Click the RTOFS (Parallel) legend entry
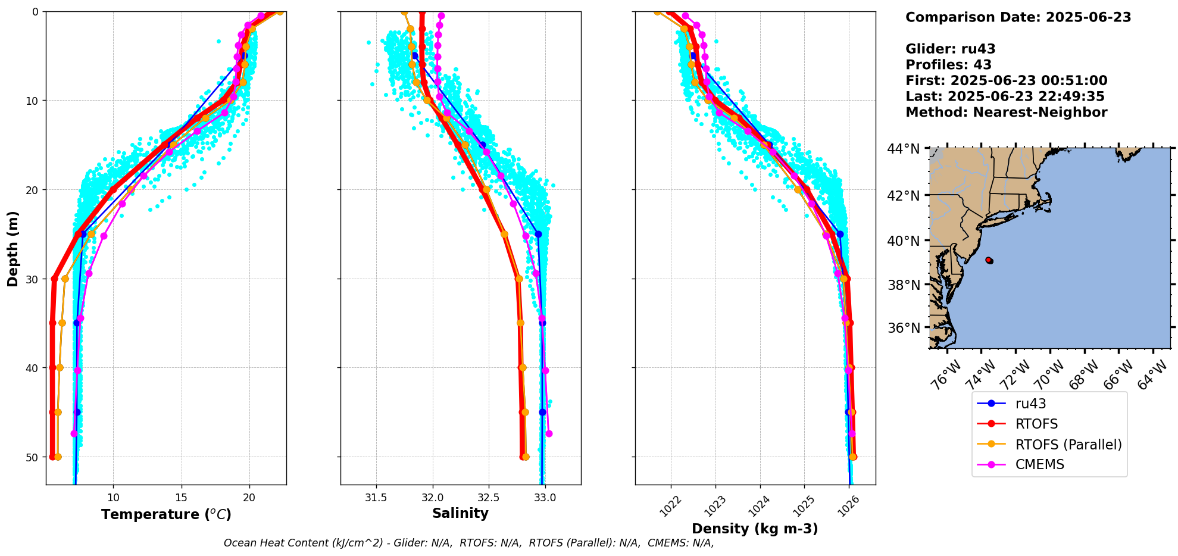pyautogui.click(x=1068, y=445)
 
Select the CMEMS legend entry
pyautogui.click(x=1039, y=465)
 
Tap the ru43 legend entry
pyautogui.click(x=1030, y=404)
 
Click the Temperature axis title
pyautogui.click(x=166, y=514)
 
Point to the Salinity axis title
pyautogui.click(x=460, y=514)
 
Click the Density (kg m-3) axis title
pyautogui.click(x=755, y=529)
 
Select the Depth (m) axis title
pyautogui.click(x=13, y=249)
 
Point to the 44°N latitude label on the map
pyautogui.click(x=903, y=149)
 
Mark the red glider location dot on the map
pyautogui.click(x=989, y=260)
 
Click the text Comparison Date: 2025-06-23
pyautogui.click(x=1018, y=17)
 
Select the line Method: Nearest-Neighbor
pyautogui.click(x=1006, y=113)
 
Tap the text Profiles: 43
pyautogui.click(x=948, y=65)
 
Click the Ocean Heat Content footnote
pyautogui.click(x=468, y=543)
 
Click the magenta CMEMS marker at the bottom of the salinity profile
pyautogui.click(x=549, y=433)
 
